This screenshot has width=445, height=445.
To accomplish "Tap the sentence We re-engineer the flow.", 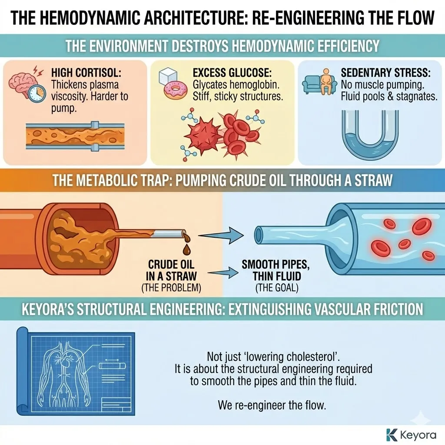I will pyautogui.click(x=271, y=406).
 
